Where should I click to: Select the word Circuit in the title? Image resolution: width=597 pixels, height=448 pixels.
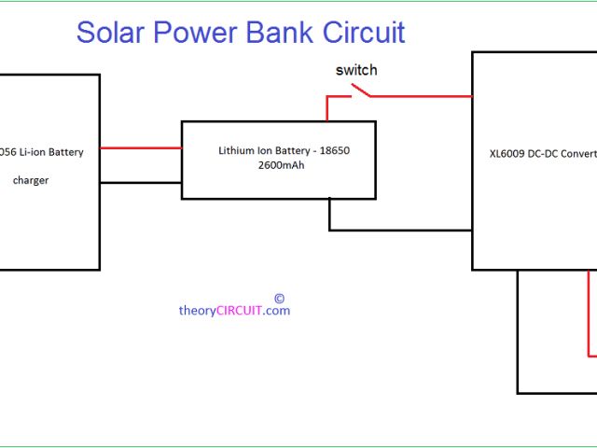click(364, 32)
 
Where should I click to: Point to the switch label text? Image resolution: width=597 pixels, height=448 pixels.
click(356, 70)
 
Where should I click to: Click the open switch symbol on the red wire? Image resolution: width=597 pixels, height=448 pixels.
click(360, 91)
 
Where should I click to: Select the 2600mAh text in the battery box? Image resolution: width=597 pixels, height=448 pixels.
click(279, 164)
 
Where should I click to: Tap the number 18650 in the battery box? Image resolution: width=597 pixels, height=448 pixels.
click(331, 149)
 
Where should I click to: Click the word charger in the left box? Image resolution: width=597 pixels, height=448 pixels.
click(31, 180)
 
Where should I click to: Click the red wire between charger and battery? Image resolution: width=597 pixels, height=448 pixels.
click(140, 147)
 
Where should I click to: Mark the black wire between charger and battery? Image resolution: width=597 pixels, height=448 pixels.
click(140, 182)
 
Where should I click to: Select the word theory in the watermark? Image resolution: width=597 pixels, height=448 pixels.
click(197, 311)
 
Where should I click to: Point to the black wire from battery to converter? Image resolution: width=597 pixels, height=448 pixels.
click(401, 230)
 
